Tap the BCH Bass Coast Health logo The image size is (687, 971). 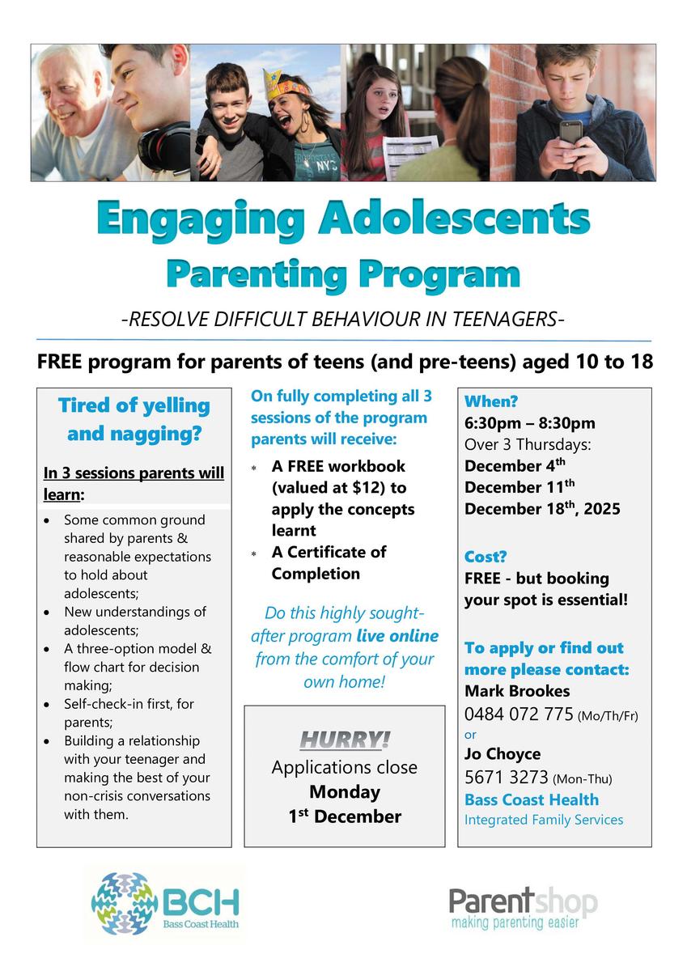[166, 899]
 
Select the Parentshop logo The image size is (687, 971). [523, 906]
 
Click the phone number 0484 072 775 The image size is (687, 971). [519, 714]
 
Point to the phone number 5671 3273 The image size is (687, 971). [507, 778]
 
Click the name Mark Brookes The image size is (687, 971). [517, 691]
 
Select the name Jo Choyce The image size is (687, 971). [503, 755]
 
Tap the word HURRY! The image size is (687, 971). [345, 740]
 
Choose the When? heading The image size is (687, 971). [491, 402]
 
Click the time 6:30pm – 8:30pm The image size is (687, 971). [529, 423]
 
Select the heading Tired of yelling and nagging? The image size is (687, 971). [134, 419]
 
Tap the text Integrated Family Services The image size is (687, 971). [544, 820]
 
